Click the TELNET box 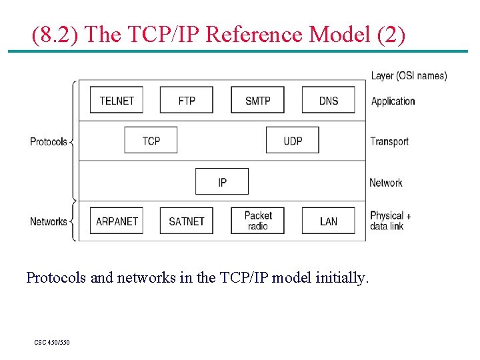click(117, 101)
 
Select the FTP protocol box click(187, 101)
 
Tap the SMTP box click(257, 101)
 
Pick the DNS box click(328, 101)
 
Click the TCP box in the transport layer click(151, 141)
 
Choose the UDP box click(293, 141)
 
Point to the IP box click(222, 182)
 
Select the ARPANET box click(117, 221)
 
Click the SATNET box click(187, 221)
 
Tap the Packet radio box click(257, 221)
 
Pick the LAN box click(328, 221)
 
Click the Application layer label click(393, 101)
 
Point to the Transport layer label click(389, 141)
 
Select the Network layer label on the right click(386, 183)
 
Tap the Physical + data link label click(391, 221)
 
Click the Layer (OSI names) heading click(409, 76)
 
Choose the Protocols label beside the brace click(49, 141)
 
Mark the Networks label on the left click(49, 221)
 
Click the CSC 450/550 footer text click(52, 343)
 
